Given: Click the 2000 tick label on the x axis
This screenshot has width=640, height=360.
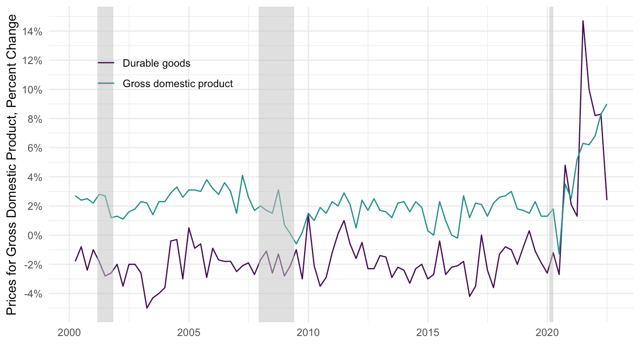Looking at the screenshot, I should pyautogui.click(x=69, y=333).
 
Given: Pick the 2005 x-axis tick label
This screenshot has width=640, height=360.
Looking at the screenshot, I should pyautogui.click(x=189, y=333).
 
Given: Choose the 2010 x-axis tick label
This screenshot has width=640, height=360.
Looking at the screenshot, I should pyautogui.click(x=308, y=333).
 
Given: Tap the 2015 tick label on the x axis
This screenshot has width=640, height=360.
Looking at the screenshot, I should pyautogui.click(x=428, y=333).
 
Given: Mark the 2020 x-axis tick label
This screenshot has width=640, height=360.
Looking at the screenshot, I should pyautogui.click(x=547, y=333).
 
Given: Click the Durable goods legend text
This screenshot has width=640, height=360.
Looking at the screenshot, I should pyautogui.click(x=156, y=63).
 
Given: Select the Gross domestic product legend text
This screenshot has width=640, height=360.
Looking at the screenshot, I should pyautogui.click(x=178, y=84).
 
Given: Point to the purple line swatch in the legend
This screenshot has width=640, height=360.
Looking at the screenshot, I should pyautogui.click(x=106, y=63).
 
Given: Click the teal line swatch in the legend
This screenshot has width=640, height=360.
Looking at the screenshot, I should pyautogui.click(x=106, y=84).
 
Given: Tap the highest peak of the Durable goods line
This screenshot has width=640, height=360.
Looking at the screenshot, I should pyautogui.click(x=583, y=21).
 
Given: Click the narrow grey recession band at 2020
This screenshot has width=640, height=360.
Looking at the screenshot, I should pyautogui.click(x=551, y=164).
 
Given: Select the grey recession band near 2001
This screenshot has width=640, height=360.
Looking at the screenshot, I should pyautogui.click(x=105, y=164).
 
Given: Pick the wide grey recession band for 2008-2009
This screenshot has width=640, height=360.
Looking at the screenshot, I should pyautogui.click(x=276, y=164).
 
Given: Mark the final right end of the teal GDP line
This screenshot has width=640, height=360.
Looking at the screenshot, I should pyautogui.click(x=607, y=104).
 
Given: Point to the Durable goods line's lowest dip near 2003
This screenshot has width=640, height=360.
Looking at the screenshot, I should pyautogui.click(x=147, y=308).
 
